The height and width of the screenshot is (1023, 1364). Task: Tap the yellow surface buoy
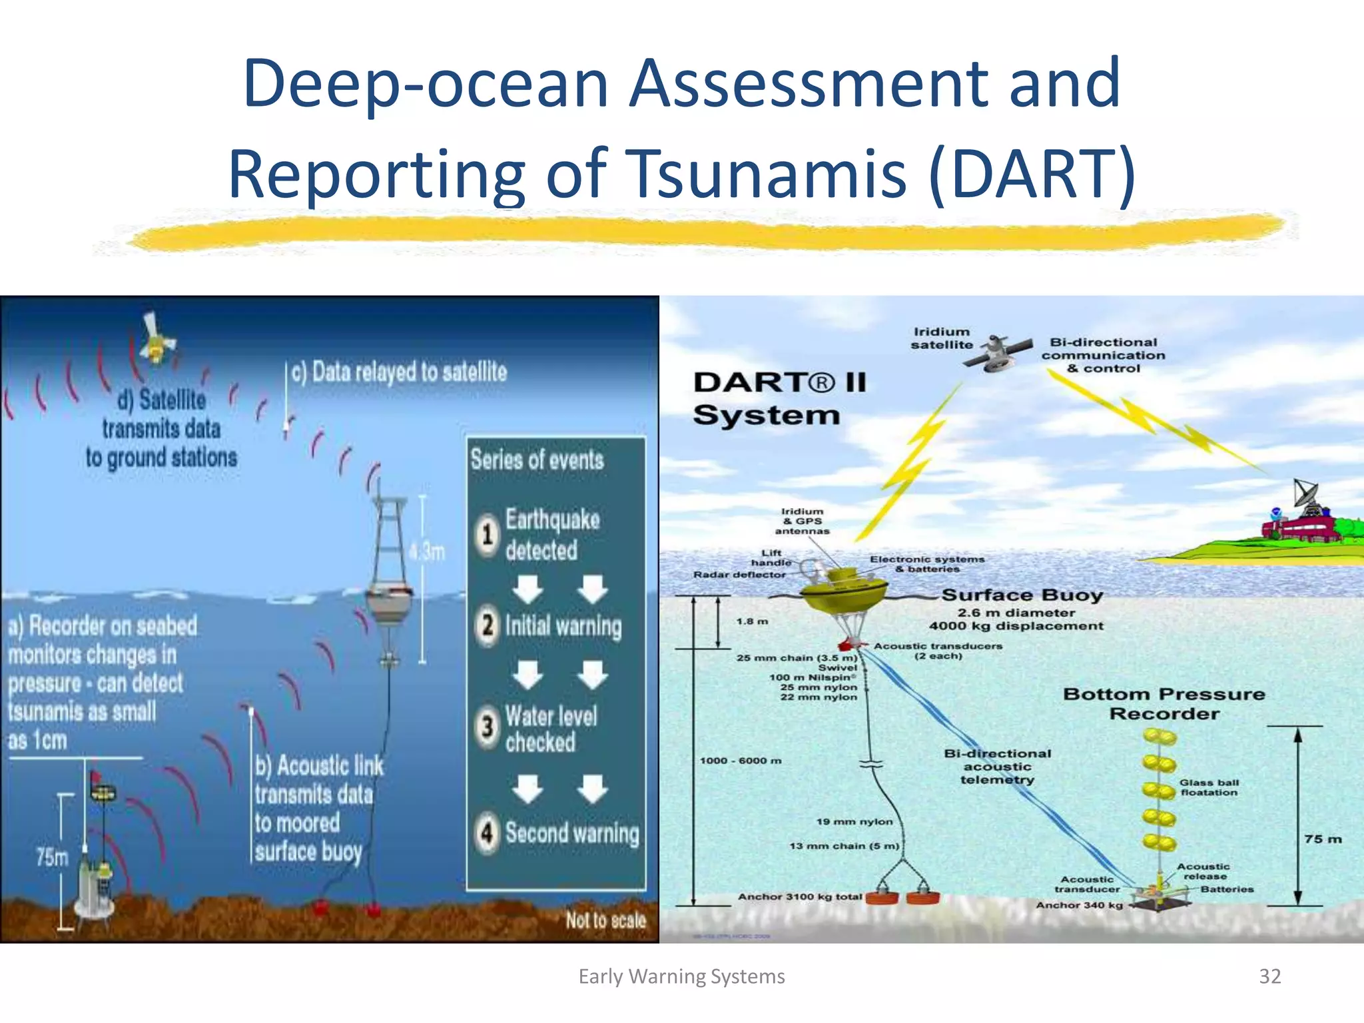pos(845,589)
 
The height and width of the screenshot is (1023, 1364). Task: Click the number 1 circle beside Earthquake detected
pos(488,534)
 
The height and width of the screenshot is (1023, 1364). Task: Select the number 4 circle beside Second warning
pos(488,833)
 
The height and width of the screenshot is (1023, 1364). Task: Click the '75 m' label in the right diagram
pos(1323,839)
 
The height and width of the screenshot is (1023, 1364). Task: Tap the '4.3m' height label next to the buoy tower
pos(427,551)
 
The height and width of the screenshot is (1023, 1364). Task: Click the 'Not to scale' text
pos(605,920)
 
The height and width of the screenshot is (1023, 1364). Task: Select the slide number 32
pos(1269,976)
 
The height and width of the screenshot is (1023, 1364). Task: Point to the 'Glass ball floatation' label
pos(1209,787)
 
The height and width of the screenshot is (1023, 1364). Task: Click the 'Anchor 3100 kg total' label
pos(799,896)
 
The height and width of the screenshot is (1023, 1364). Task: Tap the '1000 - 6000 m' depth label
pos(740,761)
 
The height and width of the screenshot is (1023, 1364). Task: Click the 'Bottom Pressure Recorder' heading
pos(1164,703)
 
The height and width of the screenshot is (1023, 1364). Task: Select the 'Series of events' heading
pos(537,460)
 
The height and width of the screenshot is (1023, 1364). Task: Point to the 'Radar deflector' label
pos(739,574)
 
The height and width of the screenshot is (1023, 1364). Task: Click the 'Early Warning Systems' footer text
pos(681,976)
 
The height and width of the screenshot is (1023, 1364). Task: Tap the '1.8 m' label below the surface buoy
pos(752,621)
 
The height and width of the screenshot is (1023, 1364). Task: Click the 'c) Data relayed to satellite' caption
pos(399,372)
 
